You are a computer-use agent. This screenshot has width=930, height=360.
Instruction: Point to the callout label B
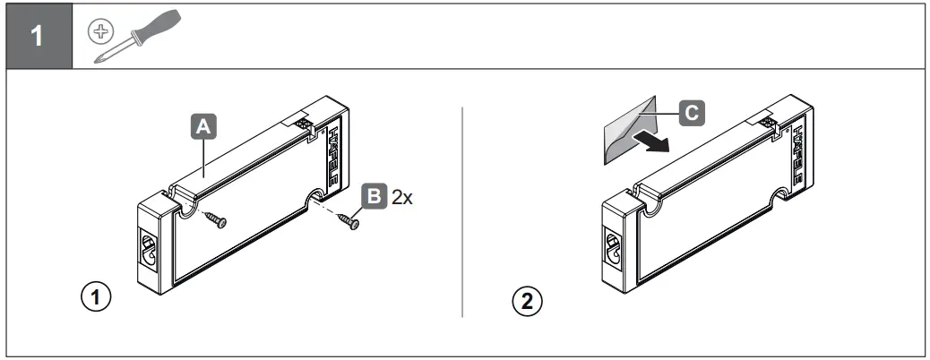(374, 195)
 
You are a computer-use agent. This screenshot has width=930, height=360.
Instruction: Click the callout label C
(687, 112)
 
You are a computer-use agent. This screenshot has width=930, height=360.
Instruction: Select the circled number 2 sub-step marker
(527, 298)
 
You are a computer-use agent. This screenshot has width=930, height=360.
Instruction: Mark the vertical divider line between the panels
(462, 212)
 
